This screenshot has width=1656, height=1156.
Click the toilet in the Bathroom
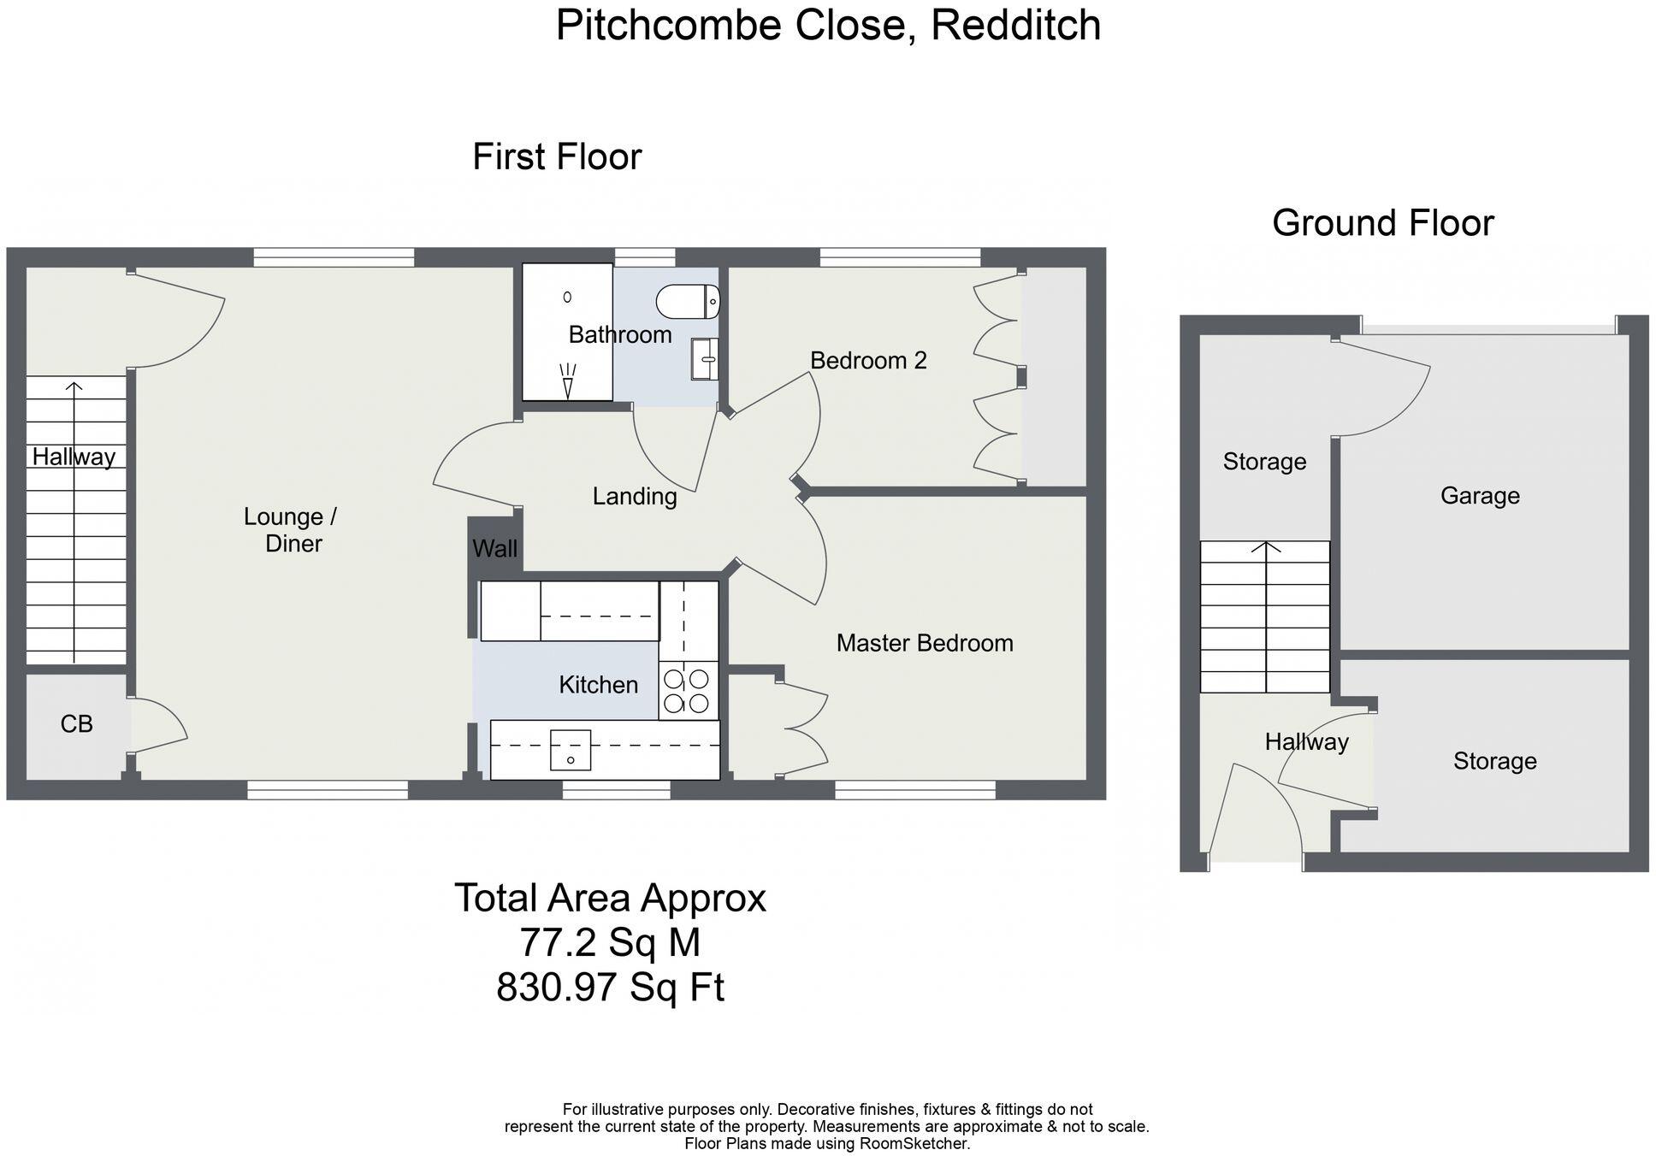[x=688, y=302]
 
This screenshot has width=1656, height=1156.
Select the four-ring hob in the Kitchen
[x=687, y=691]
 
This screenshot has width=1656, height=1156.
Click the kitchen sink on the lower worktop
[x=571, y=750]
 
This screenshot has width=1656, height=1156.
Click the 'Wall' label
[x=494, y=549]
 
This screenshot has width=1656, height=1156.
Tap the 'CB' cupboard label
[x=76, y=724]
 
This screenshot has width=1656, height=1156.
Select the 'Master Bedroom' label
[x=925, y=643]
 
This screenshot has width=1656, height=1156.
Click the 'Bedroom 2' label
[x=868, y=361]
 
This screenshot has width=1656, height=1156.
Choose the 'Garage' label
[x=1480, y=496]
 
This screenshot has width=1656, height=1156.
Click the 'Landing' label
[x=635, y=496]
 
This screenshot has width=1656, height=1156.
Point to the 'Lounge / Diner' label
[x=292, y=530]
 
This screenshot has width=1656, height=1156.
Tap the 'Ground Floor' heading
[x=1382, y=223]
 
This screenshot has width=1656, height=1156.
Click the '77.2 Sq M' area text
[x=610, y=943]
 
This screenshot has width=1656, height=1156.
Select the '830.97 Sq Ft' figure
[x=610, y=988]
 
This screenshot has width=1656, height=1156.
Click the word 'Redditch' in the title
[x=1015, y=25]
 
